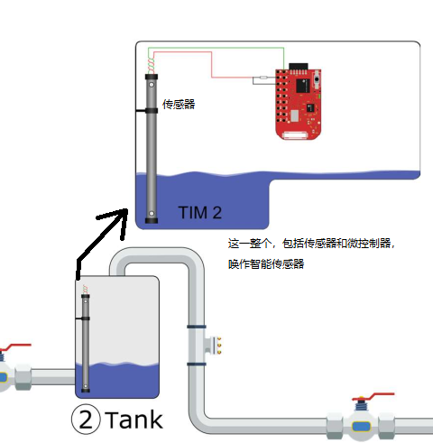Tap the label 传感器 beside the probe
[178, 105]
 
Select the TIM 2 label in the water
[199, 213]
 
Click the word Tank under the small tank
[134, 420]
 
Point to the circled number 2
[86, 420]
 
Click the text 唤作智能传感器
[266, 264]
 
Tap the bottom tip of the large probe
[151, 214]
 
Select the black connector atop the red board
[298, 65]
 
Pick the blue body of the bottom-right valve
[362, 424]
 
